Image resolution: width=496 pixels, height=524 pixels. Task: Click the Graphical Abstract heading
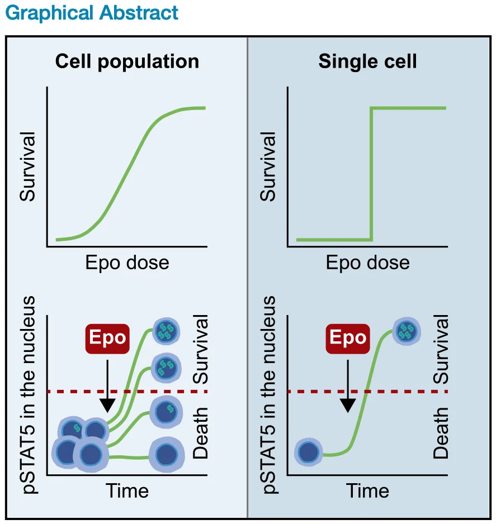92,13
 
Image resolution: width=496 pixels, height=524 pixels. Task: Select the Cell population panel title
127,62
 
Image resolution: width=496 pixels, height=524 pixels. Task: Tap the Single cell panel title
367,61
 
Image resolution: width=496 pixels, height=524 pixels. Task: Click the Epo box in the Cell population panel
107,339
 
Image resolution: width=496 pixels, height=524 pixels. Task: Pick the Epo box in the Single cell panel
348,339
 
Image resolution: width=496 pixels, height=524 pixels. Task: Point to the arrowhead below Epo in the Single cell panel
348,406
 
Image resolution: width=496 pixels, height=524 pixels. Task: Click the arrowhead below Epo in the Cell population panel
107,406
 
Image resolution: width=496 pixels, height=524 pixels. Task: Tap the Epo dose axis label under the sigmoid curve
127,263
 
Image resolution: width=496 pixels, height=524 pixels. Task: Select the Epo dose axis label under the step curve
367,263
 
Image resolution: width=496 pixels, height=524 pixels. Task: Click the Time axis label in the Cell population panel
127,491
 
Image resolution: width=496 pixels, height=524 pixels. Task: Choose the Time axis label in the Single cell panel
367,491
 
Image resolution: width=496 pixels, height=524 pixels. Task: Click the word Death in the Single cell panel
441,433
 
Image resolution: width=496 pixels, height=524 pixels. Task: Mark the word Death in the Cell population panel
201,433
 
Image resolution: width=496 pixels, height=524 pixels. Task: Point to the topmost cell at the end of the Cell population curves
166,331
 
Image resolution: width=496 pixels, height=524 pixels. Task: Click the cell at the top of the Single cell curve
407,331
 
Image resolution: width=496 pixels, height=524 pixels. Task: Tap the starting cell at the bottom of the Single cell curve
308,452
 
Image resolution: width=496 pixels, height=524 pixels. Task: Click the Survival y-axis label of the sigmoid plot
27,166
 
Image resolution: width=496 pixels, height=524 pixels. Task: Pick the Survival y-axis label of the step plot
267,166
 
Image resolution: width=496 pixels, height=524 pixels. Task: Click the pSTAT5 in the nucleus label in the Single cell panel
269,395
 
